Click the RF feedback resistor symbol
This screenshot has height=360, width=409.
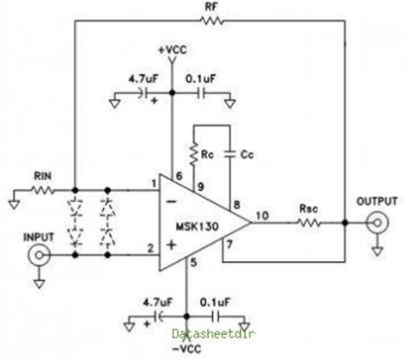click(211, 21)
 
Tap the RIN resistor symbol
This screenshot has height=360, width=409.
click(42, 190)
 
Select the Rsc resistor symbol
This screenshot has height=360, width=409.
click(308, 222)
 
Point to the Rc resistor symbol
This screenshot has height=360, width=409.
click(193, 154)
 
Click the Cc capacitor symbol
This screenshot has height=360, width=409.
click(230, 154)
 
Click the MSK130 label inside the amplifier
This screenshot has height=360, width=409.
click(198, 226)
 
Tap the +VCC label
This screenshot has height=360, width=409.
click(172, 49)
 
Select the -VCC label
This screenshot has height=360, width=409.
click(186, 349)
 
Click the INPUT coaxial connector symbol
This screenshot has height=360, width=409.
click(39, 255)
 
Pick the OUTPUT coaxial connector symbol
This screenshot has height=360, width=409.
click(377, 223)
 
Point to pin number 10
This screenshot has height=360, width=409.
click(263, 215)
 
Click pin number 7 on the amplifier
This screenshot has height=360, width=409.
click(230, 245)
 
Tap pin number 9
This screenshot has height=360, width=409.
click(200, 187)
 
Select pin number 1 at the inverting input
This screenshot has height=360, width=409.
click(153, 184)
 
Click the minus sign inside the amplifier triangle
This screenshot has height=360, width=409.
click(172, 201)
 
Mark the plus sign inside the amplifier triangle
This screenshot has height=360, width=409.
click(172, 245)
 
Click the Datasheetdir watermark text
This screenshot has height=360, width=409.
click(213, 334)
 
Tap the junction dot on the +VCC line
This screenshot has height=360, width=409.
click(172, 93)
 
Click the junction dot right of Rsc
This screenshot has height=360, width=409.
click(345, 223)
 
